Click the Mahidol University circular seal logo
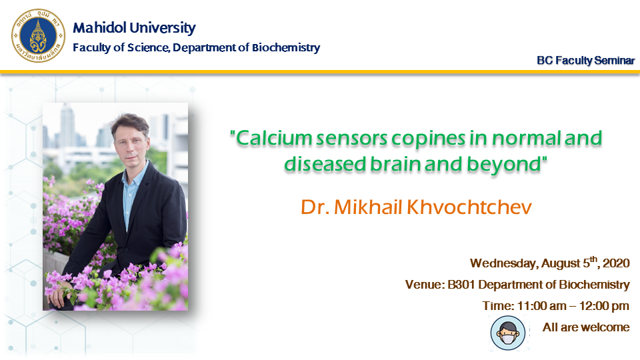point(38,35)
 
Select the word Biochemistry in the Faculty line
point(286,48)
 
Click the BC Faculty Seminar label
point(586,61)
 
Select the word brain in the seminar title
point(395,164)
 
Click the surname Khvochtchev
point(469,207)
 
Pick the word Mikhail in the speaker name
point(368,207)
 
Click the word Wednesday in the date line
point(504,263)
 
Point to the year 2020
point(616,263)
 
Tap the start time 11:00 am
point(541,306)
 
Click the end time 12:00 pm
point(604,306)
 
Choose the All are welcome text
point(586,327)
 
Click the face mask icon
point(508,333)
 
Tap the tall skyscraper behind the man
point(67,127)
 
